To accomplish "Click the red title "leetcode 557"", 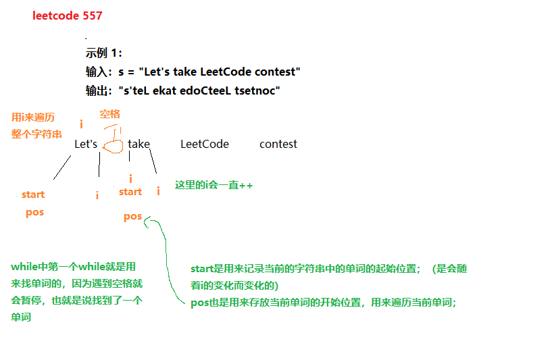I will coord(68,16).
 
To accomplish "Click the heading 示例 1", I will coord(104,54).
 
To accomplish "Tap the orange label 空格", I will coord(110,114).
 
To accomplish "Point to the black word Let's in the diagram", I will coord(86,144).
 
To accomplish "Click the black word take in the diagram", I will coord(138,144).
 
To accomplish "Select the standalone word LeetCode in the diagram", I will coord(205,144).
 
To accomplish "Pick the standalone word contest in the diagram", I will coord(278,144).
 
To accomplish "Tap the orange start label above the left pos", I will coord(33,195).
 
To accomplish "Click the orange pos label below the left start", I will coord(34,212).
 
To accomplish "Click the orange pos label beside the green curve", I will coord(133,216).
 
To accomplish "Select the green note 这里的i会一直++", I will coord(213,184).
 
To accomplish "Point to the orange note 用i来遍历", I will coord(33,117).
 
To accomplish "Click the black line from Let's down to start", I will coord(62,168).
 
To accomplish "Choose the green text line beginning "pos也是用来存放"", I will coord(324,303).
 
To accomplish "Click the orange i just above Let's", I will coord(82,125).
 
